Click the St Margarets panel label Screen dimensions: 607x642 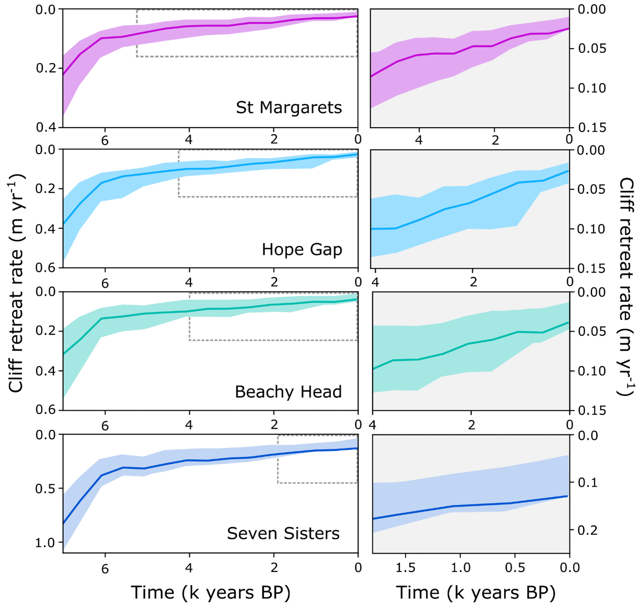[x=289, y=108]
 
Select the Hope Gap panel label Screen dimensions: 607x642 [x=302, y=249]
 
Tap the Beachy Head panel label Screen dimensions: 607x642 [x=288, y=391]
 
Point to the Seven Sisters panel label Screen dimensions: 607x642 [x=283, y=533]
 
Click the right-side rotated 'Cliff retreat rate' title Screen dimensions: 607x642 [x=627, y=286]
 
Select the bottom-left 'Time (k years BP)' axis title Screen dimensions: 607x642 [x=210, y=593]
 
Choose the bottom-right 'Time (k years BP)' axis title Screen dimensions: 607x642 [x=476, y=593]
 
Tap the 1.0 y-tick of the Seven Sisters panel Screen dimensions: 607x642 [x=45, y=543]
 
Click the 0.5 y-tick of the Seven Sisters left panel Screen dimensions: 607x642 [x=45, y=489]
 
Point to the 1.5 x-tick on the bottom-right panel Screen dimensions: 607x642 [x=405, y=568]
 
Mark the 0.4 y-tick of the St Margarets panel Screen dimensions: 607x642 [x=45, y=127]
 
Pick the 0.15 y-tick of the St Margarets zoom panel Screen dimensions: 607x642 [x=592, y=127]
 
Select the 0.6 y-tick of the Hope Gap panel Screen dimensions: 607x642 [x=45, y=267]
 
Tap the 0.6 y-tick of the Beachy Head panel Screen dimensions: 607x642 [x=45, y=410]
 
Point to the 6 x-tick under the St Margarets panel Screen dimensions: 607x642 [x=105, y=140]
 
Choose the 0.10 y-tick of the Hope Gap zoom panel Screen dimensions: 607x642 [x=592, y=229]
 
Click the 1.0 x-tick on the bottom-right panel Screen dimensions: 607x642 [x=461, y=568]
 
